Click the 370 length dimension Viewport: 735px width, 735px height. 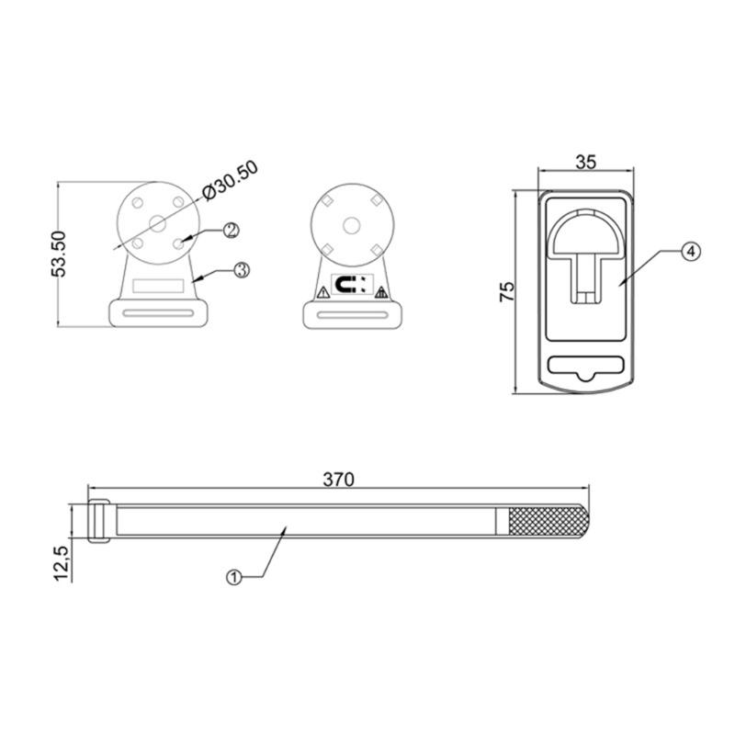338,479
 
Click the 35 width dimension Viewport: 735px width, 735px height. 585,162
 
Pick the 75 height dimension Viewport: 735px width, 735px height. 508,292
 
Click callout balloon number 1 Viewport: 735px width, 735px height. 233,577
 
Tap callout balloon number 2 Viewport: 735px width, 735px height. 231,230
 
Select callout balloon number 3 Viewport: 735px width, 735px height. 241,270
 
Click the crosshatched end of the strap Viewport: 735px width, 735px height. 546,521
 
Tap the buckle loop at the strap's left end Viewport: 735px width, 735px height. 99,521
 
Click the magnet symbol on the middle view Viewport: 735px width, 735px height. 350,286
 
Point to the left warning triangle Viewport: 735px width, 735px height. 322,292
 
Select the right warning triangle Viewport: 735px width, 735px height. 379,292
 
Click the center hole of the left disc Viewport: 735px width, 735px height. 157,221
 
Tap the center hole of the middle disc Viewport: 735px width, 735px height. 350,224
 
